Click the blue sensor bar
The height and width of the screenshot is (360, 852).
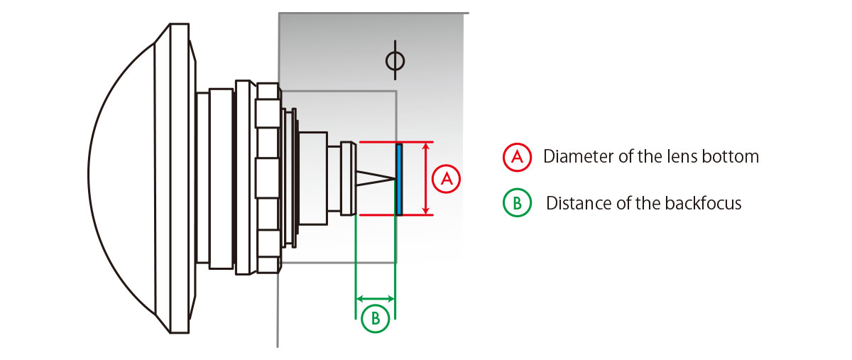399,178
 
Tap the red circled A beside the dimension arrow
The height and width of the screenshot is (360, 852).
447,179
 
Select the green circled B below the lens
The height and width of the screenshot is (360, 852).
375,319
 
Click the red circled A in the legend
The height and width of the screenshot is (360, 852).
517,157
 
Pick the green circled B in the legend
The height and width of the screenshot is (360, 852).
517,204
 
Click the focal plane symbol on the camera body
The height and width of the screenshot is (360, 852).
395,61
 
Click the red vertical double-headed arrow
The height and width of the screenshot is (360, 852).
425,178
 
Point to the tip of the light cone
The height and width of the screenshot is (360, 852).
393,178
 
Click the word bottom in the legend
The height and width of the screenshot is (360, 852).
735,157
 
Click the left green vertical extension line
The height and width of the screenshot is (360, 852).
355,270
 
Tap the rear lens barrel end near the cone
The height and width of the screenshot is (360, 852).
348,178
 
